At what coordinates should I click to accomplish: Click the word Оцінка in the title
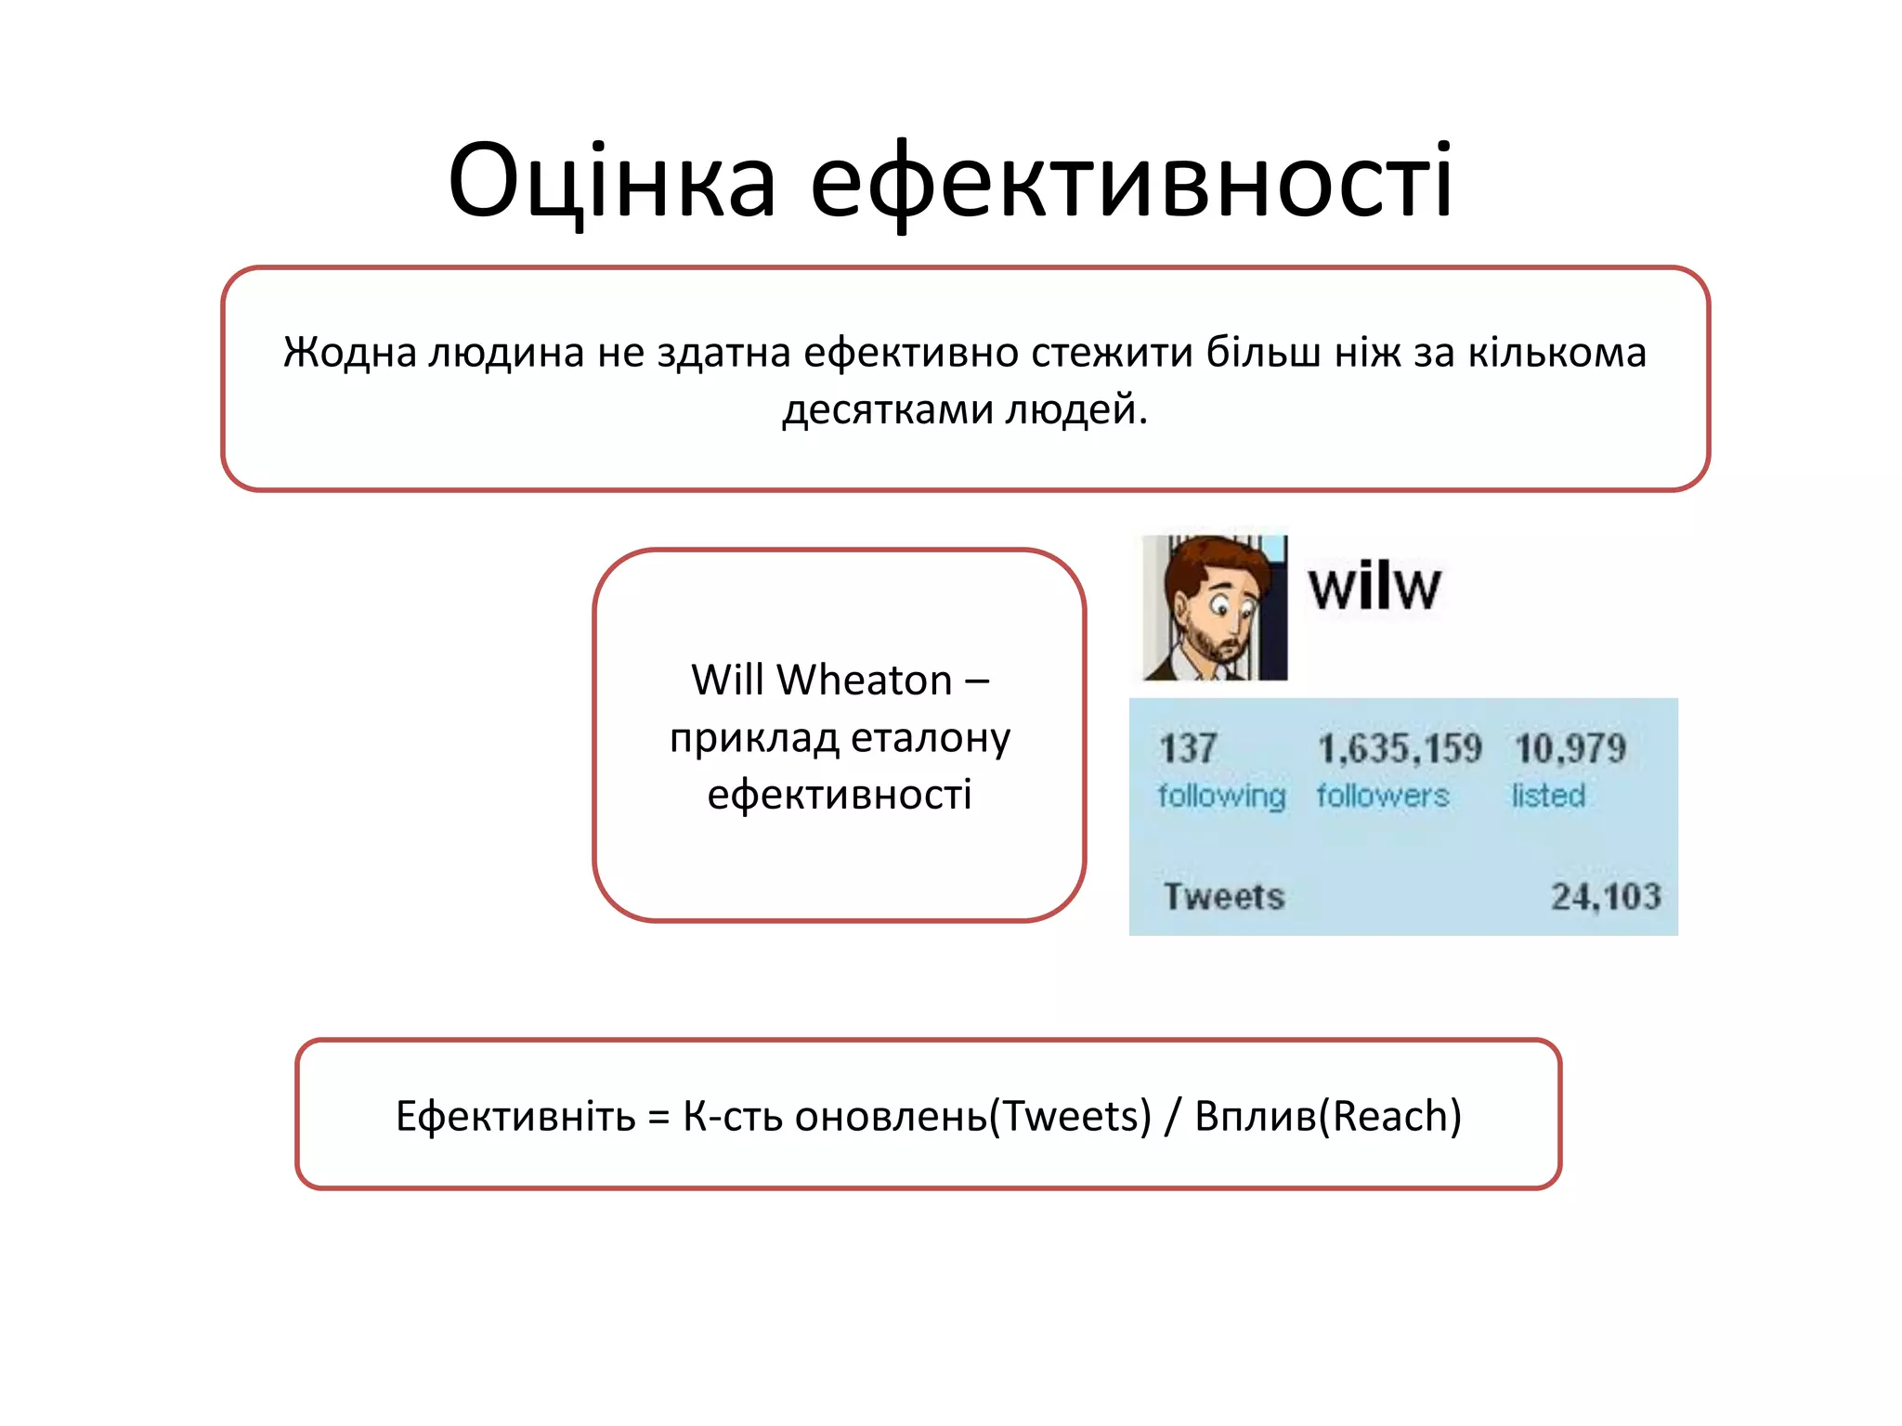click(611, 181)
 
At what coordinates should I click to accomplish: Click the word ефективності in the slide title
click(1130, 181)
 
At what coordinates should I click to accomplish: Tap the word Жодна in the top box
click(349, 353)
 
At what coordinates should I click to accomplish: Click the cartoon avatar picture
click(1215, 607)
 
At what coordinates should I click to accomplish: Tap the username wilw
click(1374, 587)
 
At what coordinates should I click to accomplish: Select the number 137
click(1188, 748)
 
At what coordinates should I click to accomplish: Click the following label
click(1221, 796)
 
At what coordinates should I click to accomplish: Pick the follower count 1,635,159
click(1400, 748)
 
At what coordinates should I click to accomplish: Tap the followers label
click(1382, 796)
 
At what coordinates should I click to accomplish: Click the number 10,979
click(1570, 748)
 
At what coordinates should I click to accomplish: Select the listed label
click(1548, 796)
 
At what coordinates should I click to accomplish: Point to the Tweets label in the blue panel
click(1224, 897)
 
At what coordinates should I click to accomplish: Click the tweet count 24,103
click(1606, 897)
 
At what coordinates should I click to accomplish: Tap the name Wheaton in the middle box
click(865, 681)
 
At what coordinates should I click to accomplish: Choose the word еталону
click(931, 738)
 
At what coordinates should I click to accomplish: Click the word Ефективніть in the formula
click(515, 1116)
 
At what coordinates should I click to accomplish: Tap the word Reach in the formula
click(1390, 1116)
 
